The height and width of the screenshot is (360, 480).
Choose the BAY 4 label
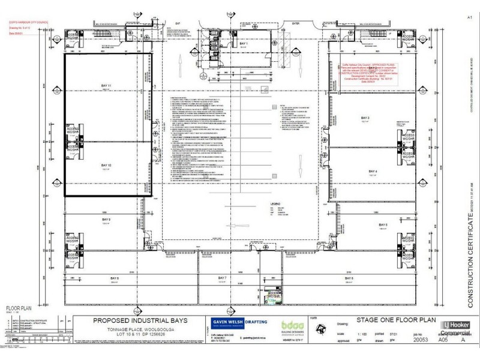[x=372, y=172]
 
